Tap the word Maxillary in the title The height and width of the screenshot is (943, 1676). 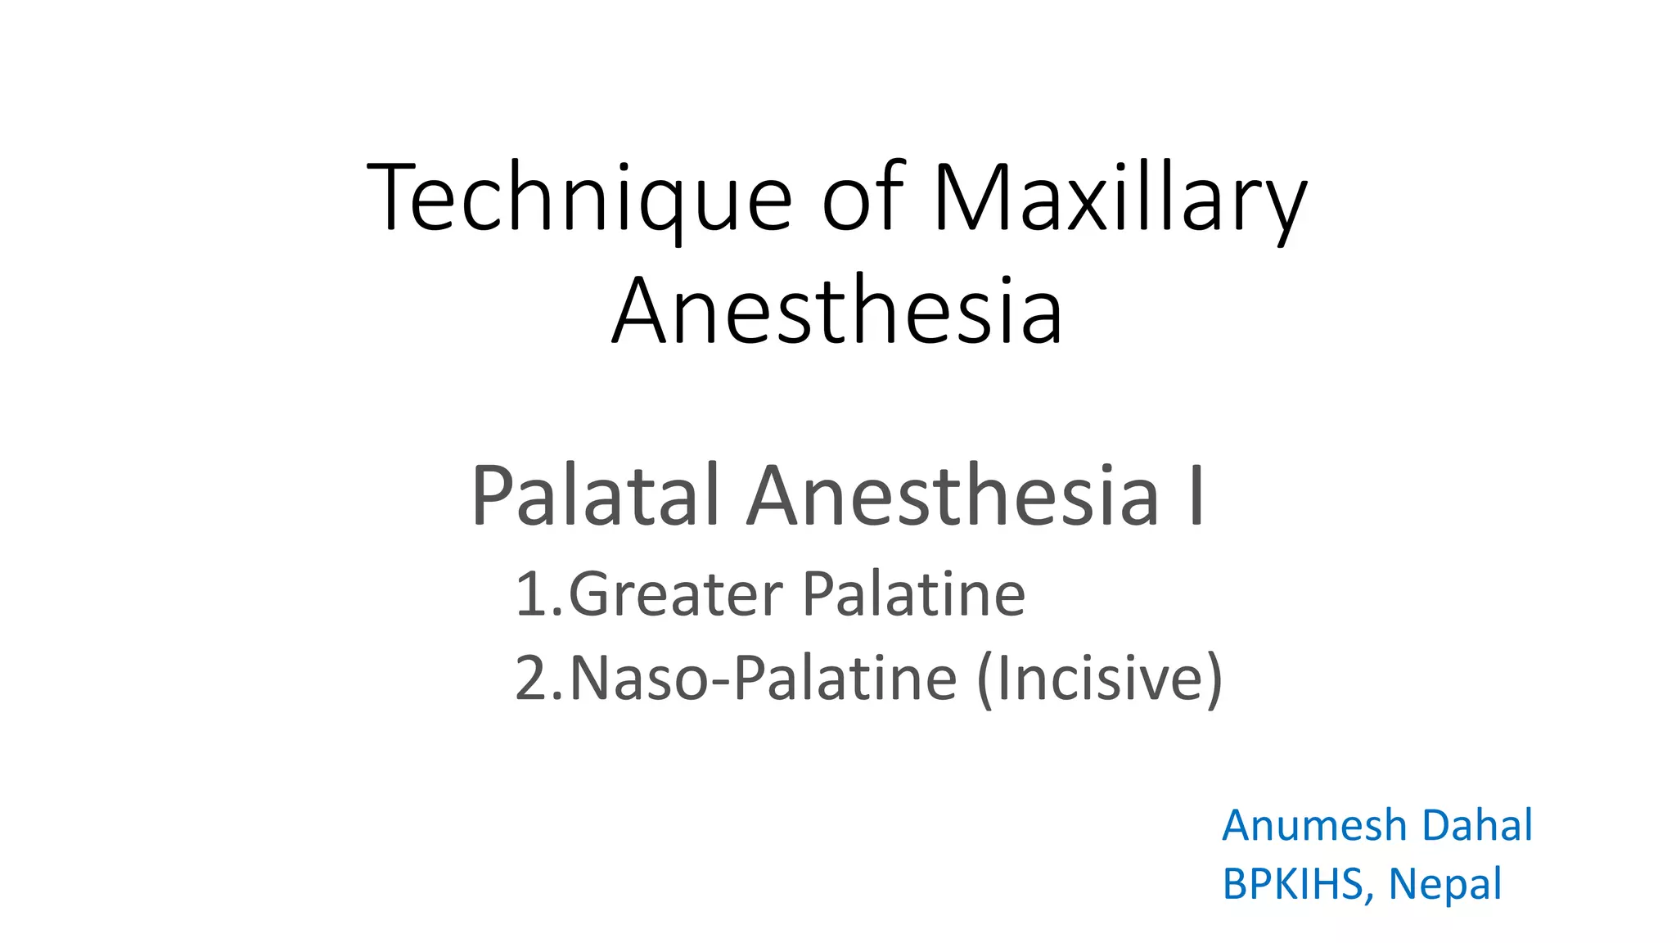1120,199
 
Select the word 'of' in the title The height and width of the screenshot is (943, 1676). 863,199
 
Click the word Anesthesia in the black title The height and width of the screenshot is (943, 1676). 837,312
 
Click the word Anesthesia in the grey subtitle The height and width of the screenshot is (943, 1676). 953,496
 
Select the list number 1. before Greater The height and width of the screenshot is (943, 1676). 538,594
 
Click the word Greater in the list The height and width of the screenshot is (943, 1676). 675,594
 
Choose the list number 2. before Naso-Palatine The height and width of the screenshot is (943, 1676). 538,679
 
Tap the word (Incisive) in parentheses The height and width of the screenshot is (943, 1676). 1100,679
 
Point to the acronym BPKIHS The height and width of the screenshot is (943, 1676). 1291,884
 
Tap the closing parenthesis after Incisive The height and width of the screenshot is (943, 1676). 1214,679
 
